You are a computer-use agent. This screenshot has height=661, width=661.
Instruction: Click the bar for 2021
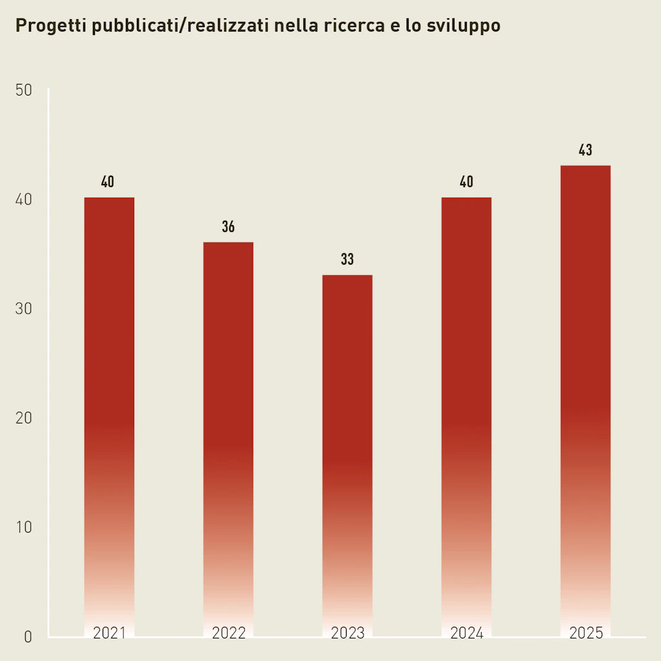[x=109, y=413]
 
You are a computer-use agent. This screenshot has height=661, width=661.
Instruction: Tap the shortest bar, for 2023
[x=347, y=452]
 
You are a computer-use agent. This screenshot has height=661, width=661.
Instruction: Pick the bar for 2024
[x=466, y=413]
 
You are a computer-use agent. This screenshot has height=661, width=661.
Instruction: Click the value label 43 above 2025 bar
[x=585, y=150]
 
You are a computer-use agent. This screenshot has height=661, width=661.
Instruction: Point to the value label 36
[x=229, y=227]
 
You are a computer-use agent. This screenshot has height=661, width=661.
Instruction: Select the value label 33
[x=347, y=259]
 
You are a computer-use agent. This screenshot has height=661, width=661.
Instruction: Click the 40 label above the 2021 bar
[x=108, y=182]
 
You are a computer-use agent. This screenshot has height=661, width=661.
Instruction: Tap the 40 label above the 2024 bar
[x=466, y=182]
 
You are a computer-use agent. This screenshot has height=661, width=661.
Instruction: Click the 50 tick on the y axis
[x=24, y=90]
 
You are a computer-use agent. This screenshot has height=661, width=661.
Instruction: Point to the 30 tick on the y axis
[x=24, y=309]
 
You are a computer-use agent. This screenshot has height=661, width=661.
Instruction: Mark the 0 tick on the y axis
[x=28, y=637]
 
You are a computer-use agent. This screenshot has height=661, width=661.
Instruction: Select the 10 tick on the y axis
[x=24, y=527]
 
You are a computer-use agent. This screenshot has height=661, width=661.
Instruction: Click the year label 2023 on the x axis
[x=347, y=633]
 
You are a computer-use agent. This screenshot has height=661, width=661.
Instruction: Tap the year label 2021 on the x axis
[x=109, y=633]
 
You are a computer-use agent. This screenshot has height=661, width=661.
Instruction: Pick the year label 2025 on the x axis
[x=585, y=633]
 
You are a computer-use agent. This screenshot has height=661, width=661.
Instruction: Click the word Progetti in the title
[x=51, y=26]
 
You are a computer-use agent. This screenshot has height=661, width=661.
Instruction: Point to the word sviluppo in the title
[x=463, y=26]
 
